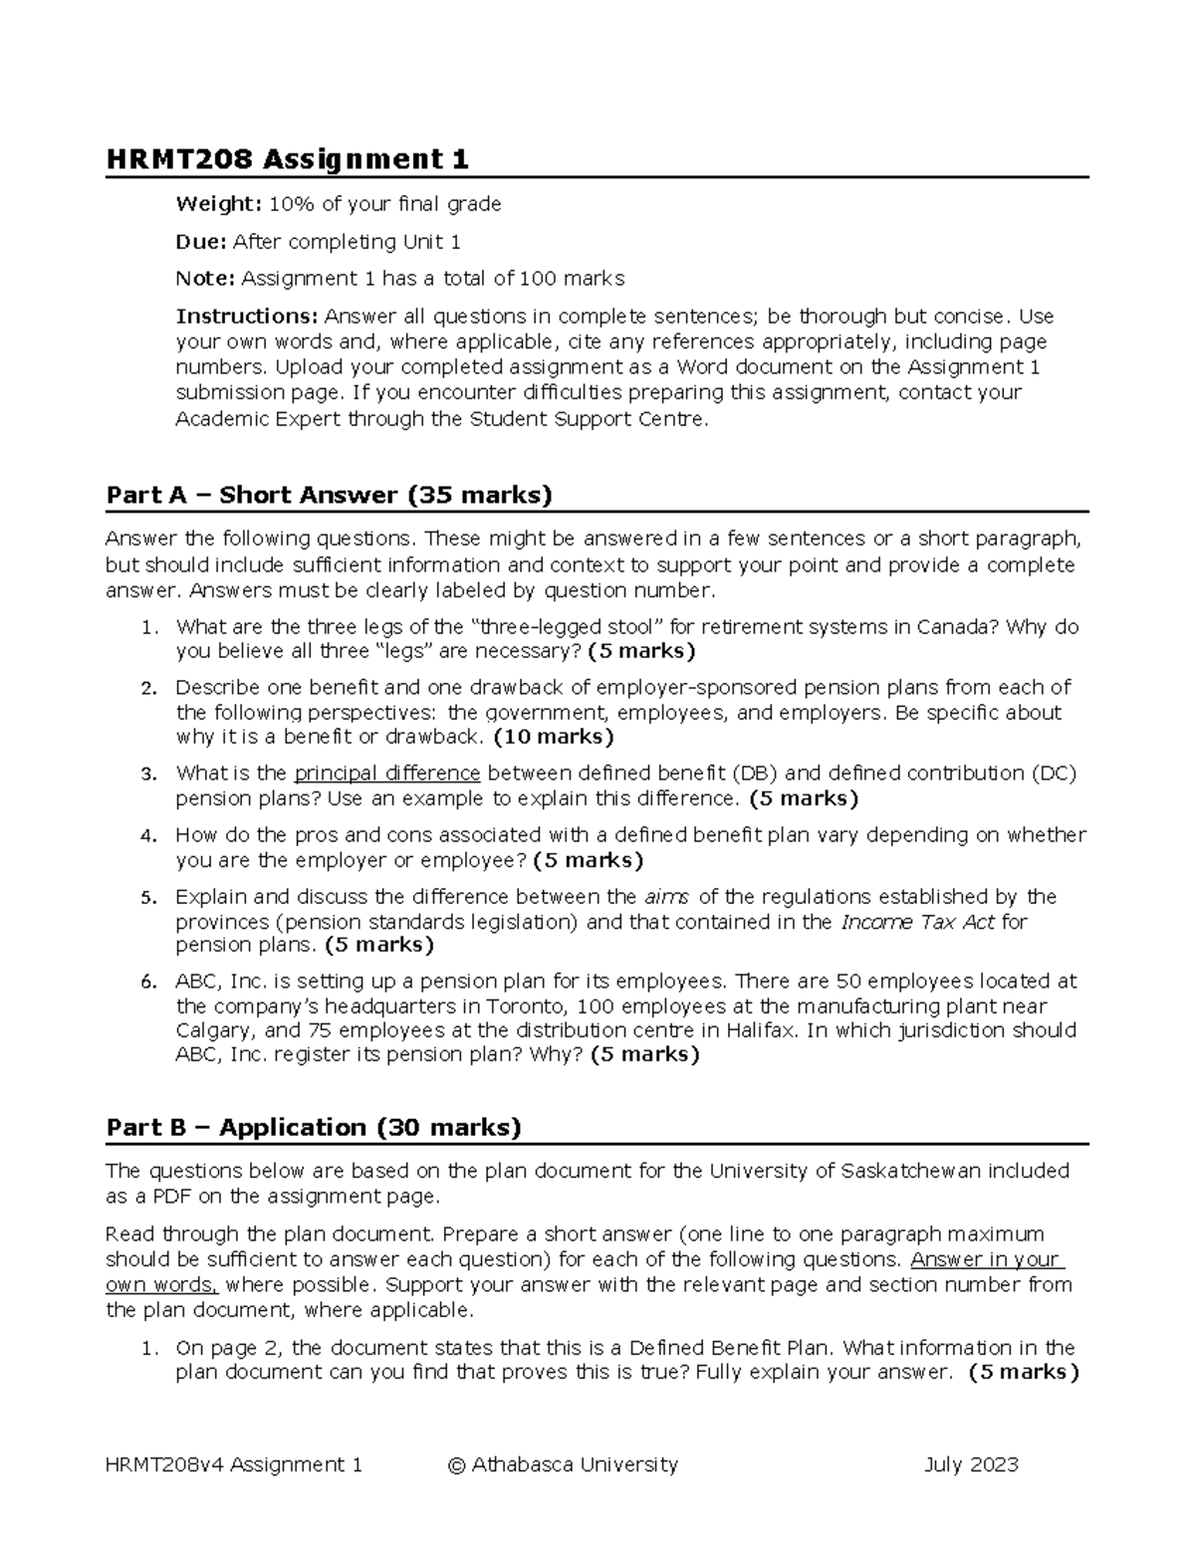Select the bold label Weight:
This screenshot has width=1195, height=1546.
(x=218, y=204)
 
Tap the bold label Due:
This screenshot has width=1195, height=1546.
(x=202, y=242)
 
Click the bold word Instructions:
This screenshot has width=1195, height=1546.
(x=247, y=317)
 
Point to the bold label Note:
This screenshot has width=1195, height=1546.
(x=205, y=279)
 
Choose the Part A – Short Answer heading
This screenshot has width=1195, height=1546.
(x=329, y=495)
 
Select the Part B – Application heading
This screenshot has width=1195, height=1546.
(x=314, y=1127)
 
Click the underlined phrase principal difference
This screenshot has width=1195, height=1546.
(x=387, y=773)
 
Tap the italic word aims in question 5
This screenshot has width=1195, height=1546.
(x=666, y=897)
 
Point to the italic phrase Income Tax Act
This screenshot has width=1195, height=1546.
(x=917, y=922)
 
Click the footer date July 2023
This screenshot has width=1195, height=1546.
(x=971, y=1464)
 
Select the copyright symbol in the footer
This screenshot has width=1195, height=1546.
(x=457, y=1464)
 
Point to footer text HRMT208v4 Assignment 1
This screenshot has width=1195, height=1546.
(x=233, y=1464)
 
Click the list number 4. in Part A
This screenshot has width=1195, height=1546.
(x=148, y=836)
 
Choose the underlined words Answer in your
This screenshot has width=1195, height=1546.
(x=987, y=1259)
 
